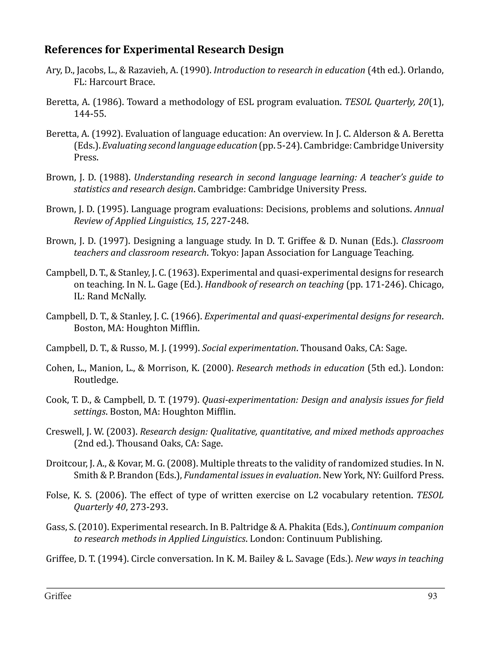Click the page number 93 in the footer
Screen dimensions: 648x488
[432, 596]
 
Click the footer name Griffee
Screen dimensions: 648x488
[58, 596]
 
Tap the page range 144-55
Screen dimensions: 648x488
[90, 114]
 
